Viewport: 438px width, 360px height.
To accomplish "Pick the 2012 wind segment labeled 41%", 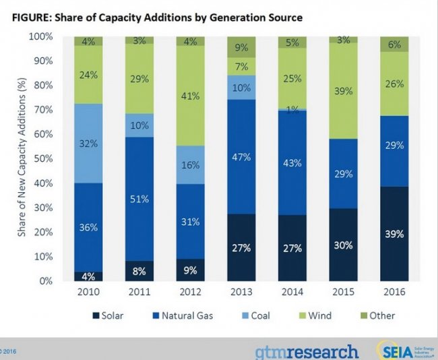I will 191,96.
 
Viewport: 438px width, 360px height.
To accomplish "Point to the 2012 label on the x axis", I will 191,293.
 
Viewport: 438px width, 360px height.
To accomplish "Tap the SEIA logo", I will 404,351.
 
